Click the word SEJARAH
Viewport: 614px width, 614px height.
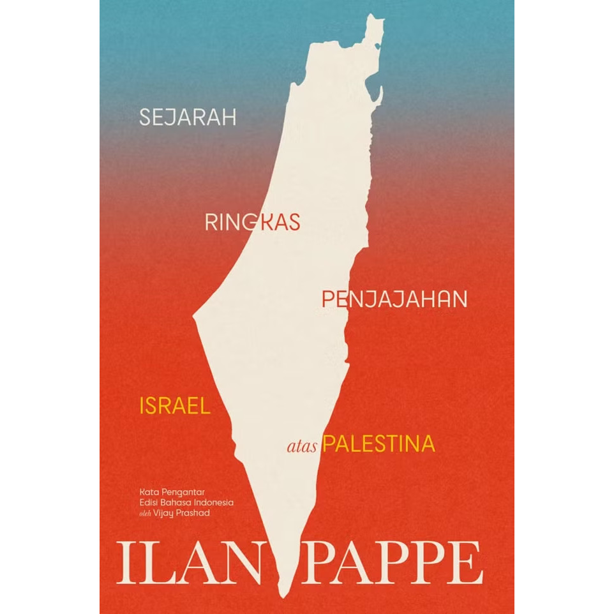pos(188,117)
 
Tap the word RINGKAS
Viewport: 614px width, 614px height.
pos(253,222)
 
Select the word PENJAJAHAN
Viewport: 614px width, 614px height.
pos(394,299)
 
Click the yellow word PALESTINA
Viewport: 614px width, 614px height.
pos(379,444)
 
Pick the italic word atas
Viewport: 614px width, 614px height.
pos(303,446)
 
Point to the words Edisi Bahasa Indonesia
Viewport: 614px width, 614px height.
pos(186,502)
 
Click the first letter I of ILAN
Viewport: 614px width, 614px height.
pos(124,563)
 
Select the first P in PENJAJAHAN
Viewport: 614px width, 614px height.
pos(329,299)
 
